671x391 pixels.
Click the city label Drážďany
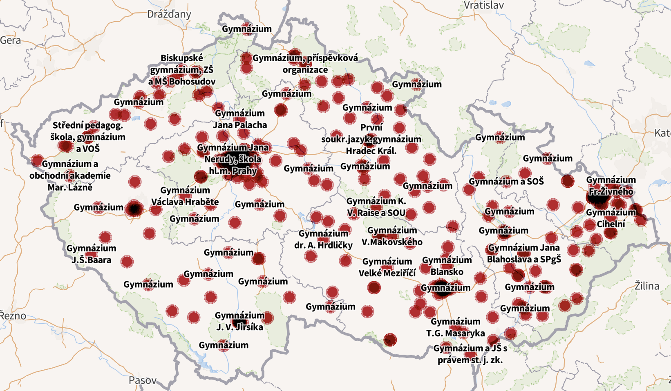[x=169, y=14]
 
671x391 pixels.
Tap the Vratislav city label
[x=484, y=5]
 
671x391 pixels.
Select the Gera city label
[x=11, y=40]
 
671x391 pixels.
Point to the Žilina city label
[x=646, y=286]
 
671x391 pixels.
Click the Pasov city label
[x=143, y=380]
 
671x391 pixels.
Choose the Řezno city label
[x=13, y=315]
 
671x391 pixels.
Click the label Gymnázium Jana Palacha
[x=240, y=119]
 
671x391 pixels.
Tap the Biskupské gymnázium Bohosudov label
[x=182, y=70]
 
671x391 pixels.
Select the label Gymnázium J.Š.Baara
[x=92, y=254]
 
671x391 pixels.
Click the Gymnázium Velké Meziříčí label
[x=387, y=267]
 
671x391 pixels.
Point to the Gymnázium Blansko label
[x=447, y=266]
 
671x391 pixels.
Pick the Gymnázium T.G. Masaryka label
[x=456, y=327]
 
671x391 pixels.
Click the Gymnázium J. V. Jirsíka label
[x=240, y=321]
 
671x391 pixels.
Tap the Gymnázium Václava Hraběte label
[x=185, y=196]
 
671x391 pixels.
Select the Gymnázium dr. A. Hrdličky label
[x=323, y=239]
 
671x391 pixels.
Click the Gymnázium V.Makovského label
[x=392, y=236]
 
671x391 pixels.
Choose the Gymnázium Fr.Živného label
[x=611, y=186]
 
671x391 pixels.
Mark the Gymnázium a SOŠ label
[x=506, y=181]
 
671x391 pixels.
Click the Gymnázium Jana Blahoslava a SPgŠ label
[x=524, y=253]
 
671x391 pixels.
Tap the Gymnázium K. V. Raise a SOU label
[x=376, y=207]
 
